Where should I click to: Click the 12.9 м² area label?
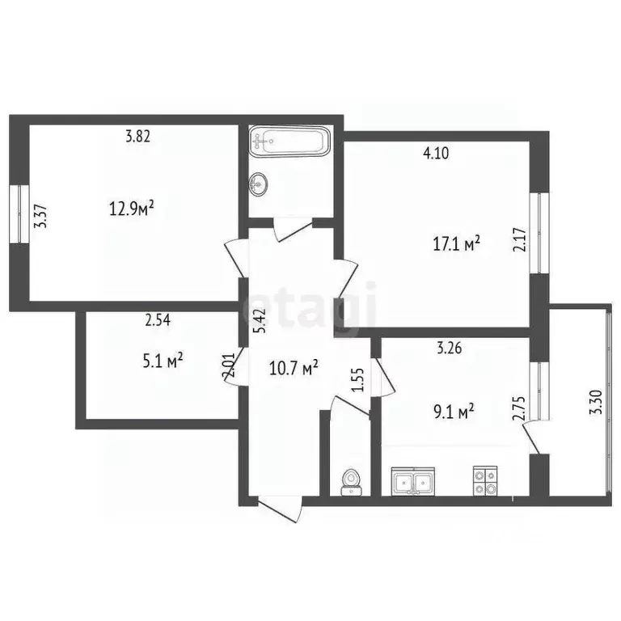132,209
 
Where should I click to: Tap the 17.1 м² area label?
457,243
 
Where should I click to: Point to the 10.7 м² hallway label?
293,370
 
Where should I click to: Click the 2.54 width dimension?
158,319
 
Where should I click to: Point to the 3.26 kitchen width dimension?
450,349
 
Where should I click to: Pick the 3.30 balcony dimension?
596,402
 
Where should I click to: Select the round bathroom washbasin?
259,184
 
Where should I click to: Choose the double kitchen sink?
415,483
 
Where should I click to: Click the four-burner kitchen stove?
484,482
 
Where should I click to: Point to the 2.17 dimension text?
519,242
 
